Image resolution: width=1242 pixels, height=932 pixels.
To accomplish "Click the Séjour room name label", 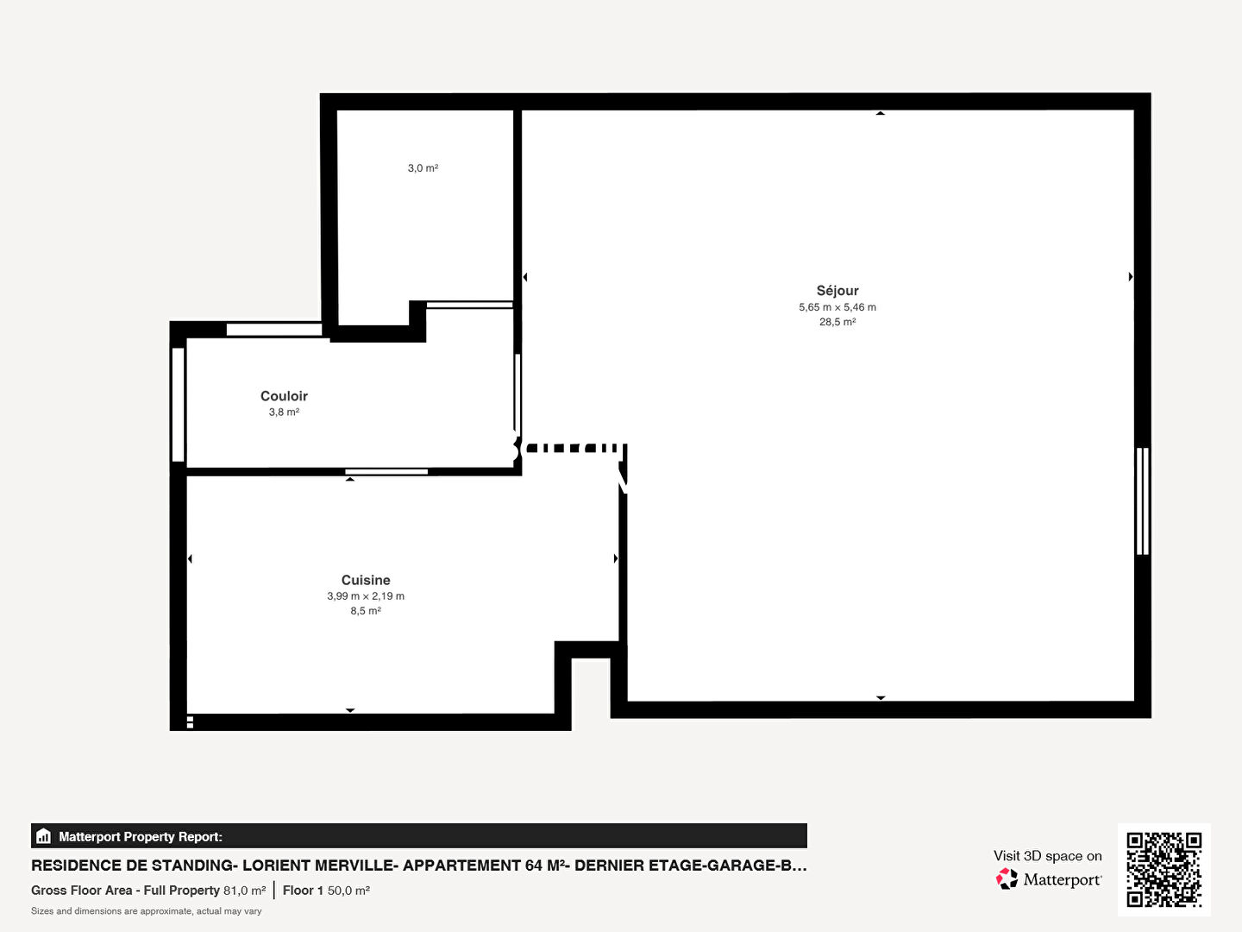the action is pyautogui.click(x=837, y=291).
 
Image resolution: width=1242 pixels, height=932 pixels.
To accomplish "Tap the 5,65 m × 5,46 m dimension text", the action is pyautogui.click(x=837, y=307).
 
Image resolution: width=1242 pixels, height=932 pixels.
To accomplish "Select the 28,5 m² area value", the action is pyautogui.click(x=837, y=322).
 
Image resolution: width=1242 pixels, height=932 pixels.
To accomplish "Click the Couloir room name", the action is pyautogui.click(x=284, y=396).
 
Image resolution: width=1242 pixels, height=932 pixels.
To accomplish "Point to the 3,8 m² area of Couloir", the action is pyautogui.click(x=284, y=412).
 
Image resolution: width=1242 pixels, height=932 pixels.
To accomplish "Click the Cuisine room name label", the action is pyautogui.click(x=366, y=580).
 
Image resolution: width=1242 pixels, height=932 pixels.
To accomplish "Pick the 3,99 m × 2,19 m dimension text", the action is pyautogui.click(x=366, y=595).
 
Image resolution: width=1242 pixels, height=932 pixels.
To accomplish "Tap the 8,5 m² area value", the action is pyautogui.click(x=366, y=611).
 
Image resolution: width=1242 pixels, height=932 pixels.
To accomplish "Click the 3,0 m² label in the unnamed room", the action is pyautogui.click(x=423, y=168).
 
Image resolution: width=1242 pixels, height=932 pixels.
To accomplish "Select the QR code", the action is pyautogui.click(x=1164, y=870).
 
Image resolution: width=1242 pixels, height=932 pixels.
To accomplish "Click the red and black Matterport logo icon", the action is pyautogui.click(x=1007, y=878).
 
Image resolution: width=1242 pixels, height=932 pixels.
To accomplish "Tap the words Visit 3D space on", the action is pyautogui.click(x=1047, y=856).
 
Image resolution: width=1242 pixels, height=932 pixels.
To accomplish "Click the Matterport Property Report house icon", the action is pyautogui.click(x=44, y=836).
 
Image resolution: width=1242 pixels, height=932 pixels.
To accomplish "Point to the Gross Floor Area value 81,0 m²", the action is pyautogui.click(x=244, y=890).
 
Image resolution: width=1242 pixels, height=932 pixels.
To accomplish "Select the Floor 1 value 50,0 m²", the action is pyautogui.click(x=348, y=890).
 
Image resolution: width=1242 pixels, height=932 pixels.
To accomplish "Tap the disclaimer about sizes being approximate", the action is pyautogui.click(x=146, y=911).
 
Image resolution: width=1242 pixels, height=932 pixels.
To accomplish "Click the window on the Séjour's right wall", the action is pyautogui.click(x=1143, y=501).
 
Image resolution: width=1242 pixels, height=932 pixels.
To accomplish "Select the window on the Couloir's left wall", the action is pyautogui.click(x=179, y=405).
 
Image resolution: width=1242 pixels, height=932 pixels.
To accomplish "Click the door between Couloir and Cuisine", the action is pyautogui.click(x=386, y=472).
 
